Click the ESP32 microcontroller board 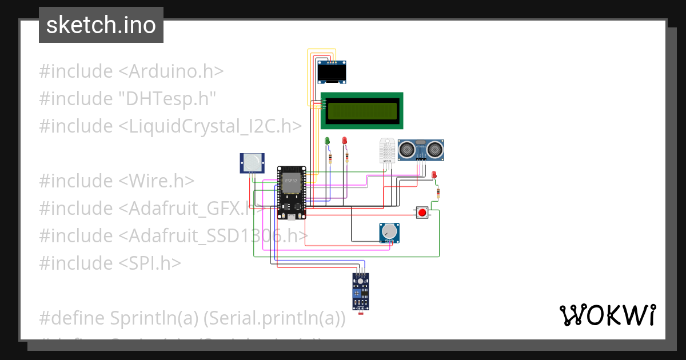coord(291,193)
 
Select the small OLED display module coord(332,73)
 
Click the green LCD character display coord(362,111)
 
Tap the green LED coord(328,141)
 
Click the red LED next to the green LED coord(344,141)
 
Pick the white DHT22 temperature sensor coord(387,151)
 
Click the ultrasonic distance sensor coord(421,150)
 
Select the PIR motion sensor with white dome coord(252,163)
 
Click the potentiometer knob coord(389,232)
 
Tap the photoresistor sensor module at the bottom coord(361,291)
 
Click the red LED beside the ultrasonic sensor coord(434,174)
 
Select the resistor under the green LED coord(329,158)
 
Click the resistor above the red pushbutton coord(438,193)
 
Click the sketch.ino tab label coord(101,25)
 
